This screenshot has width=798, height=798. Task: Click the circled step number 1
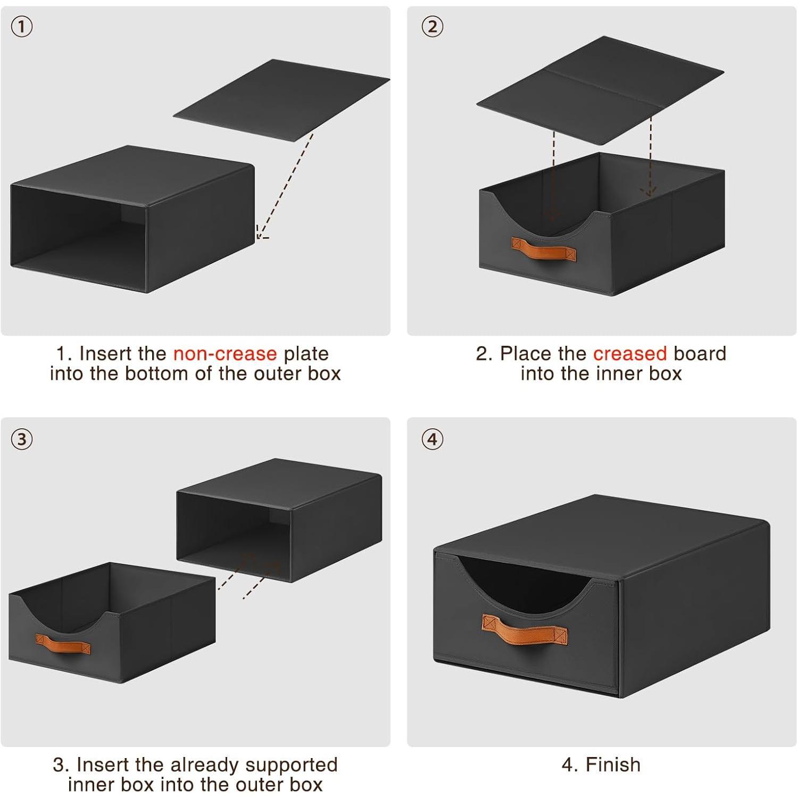[21, 27]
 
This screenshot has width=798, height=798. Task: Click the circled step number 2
[433, 27]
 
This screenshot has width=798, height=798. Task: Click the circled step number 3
[21, 439]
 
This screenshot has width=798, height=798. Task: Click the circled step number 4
[433, 439]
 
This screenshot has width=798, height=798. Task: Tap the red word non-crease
[225, 354]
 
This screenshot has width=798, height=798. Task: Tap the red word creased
[630, 354]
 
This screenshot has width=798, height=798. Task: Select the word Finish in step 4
[613, 765]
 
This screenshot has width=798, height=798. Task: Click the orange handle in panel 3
[63, 644]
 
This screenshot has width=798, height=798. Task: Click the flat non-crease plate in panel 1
[281, 99]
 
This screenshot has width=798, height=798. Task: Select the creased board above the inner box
[600, 90]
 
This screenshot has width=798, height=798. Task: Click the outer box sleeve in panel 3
[279, 520]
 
